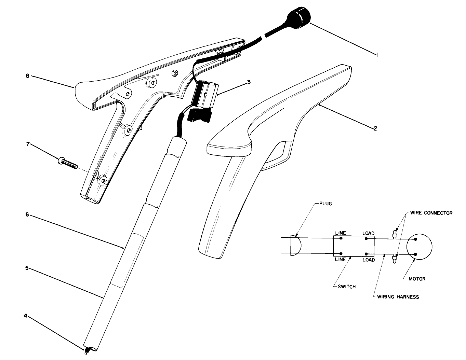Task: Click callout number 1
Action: tap(377, 54)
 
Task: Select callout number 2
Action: tap(375, 128)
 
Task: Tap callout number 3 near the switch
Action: tap(249, 82)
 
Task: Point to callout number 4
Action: tap(25, 316)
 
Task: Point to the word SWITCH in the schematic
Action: tap(347, 287)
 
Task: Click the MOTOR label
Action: tap(417, 279)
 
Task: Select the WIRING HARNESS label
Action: tap(398, 297)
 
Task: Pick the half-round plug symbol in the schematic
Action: tap(295, 246)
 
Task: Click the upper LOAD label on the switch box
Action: tap(368, 233)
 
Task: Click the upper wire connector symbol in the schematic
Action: tap(395, 234)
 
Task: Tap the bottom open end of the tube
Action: tap(91, 349)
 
